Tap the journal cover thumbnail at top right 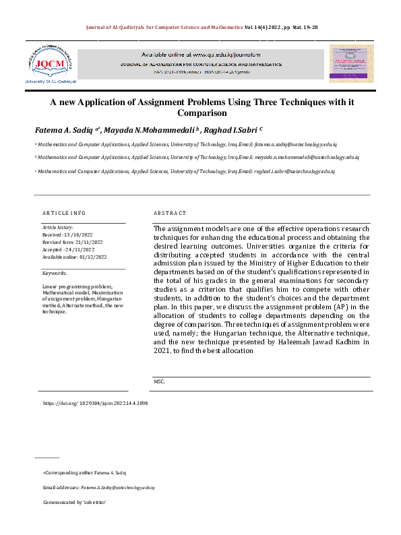click(351, 64)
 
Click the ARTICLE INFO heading click(64, 213)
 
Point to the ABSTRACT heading click(170, 213)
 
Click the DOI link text click(95, 403)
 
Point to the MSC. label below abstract click(159, 381)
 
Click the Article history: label click(58, 228)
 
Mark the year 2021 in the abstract click(161, 351)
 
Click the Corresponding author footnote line click(84, 472)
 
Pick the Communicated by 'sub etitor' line click(75, 503)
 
